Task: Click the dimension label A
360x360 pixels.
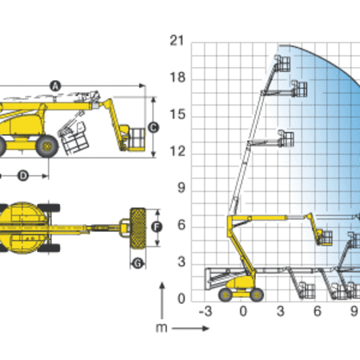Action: click(x=55, y=86)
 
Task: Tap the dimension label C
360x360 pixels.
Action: click(x=154, y=127)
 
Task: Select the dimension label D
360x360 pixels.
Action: click(x=23, y=176)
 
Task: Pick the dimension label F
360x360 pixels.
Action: click(x=157, y=227)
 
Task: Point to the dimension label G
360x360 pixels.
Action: click(x=138, y=263)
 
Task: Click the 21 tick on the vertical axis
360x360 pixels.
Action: click(x=177, y=41)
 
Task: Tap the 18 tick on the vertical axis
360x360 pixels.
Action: click(x=177, y=78)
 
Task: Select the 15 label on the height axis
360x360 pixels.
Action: click(x=177, y=114)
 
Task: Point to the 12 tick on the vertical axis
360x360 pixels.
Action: click(x=177, y=151)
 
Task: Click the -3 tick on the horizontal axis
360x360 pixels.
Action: click(x=206, y=311)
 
